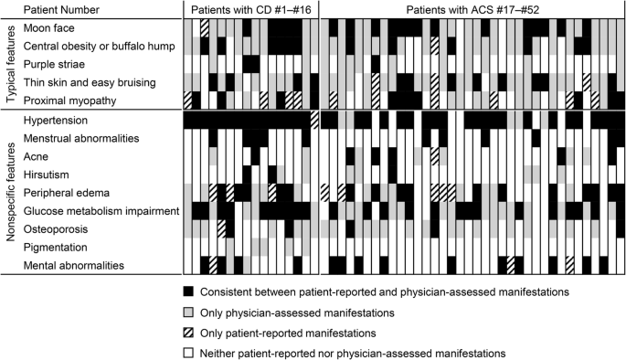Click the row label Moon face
[x=49, y=27]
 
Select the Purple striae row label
[x=56, y=64]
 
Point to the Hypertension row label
[x=57, y=121]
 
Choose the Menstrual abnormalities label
[x=80, y=138]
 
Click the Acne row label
[x=38, y=156]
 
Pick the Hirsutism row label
[x=48, y=174]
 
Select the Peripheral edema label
[x=67, y=193]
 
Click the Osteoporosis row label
[x=56, y=228]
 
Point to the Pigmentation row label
[x=57, y=248]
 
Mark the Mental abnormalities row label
[x=74, y=266]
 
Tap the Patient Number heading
[x=62, y=8]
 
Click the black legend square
[x=187, y=291]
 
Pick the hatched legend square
[x=187, y=332]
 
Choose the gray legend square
[x=187, y=311]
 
